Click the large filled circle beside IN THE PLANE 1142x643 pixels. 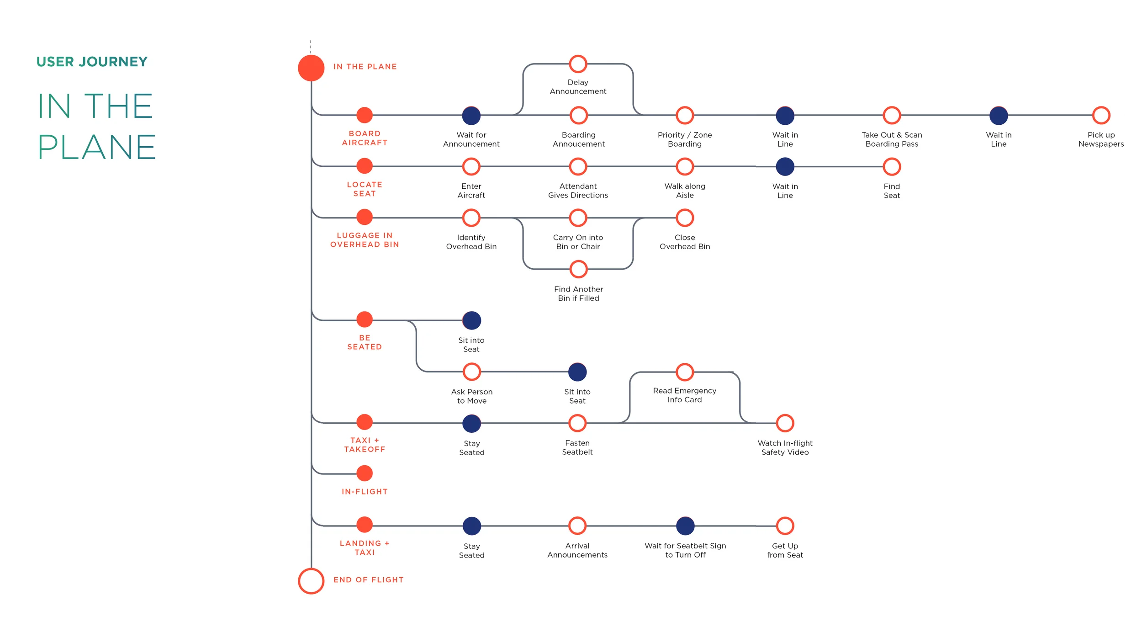311,68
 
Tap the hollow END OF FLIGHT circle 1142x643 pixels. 311,581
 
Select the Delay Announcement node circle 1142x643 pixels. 578,64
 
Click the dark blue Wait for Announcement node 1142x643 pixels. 471,116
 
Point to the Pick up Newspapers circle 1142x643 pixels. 1101,116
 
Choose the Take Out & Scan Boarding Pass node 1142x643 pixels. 892,116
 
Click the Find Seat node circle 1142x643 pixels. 892,167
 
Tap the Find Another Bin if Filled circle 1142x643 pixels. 578,269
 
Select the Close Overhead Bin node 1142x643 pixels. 685,218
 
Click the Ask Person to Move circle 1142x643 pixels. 472,372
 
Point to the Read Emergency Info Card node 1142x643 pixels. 685,372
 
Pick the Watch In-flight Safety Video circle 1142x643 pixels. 785,423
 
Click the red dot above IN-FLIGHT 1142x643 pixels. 365,473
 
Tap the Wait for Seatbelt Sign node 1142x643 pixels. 685,526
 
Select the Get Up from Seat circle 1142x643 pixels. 785,526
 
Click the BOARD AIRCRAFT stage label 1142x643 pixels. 365,138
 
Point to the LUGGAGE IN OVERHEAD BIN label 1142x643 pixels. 365,240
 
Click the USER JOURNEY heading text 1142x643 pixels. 92,62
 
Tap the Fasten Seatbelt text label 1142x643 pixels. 577,447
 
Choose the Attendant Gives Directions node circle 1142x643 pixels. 578,167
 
